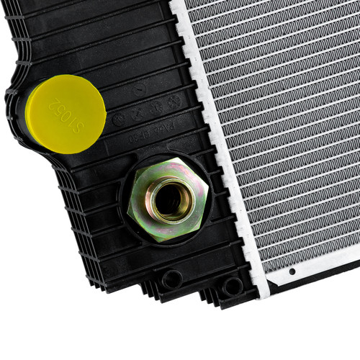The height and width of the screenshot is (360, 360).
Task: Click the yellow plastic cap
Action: tap(66, 114)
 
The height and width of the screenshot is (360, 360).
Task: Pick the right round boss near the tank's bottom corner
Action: tap(232, 286)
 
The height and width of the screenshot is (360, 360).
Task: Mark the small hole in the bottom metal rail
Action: tap(292, 272)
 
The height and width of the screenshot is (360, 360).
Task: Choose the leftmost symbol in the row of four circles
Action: tap(119, 119)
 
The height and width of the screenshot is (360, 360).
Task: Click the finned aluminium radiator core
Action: tap(288, 122)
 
